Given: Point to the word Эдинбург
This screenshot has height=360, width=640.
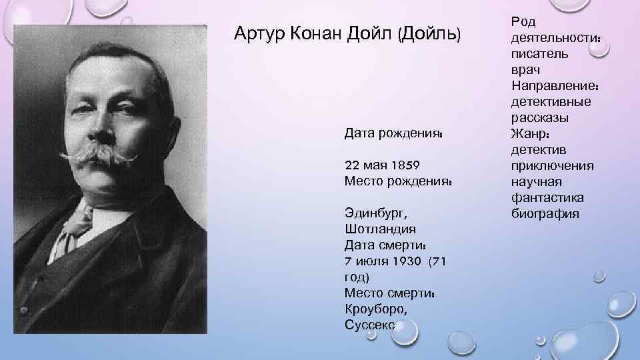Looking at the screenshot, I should pyautogui.click(x=375, y=213).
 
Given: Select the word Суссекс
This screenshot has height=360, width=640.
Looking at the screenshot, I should pyautogui.click(x=370, y=325).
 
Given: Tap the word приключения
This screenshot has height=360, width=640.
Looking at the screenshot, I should pyautogui.click(x=553, y=165).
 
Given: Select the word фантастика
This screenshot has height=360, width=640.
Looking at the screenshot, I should pyautogui.click(x=548, y=198).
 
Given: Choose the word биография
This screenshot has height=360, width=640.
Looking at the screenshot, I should pyautogui.click(x=546, y=214).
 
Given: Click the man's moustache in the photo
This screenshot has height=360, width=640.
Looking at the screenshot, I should pyautogui.click(x=100, y=157).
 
